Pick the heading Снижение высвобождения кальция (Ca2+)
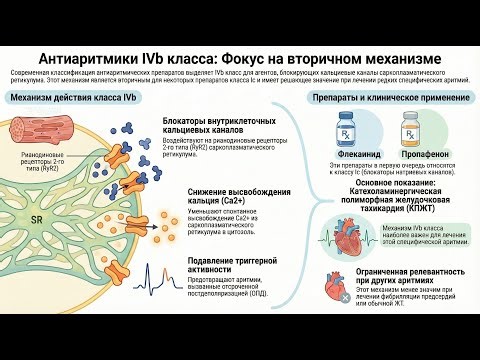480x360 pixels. click(240, 196)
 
